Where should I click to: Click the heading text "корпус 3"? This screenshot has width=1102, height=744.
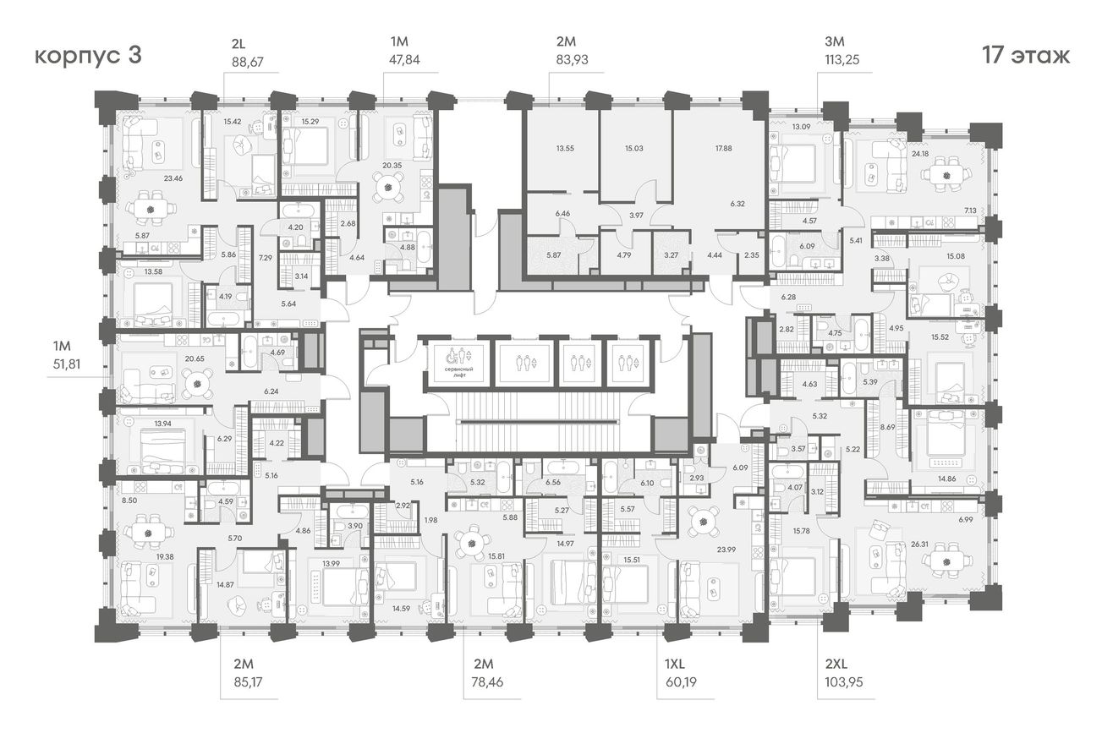coord(88,55)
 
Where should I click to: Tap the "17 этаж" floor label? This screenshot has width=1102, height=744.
coord(1026,55)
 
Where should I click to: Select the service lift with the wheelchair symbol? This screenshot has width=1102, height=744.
coord(458,364)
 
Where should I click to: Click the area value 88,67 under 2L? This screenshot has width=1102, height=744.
coord(248,62)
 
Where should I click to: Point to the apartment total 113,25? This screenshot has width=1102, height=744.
coord(842,59)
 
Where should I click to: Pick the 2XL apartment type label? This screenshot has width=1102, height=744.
coord(836,664)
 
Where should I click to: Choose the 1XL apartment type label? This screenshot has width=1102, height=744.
coord(674,664)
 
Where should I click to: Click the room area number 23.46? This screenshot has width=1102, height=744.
coord(173,178)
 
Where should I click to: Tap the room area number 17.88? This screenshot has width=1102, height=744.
coord(724,148)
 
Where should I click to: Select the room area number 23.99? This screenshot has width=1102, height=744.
coord(726,550)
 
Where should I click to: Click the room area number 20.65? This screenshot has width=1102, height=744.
coord(195,358)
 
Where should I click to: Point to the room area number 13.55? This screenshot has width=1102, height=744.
coord(565,148)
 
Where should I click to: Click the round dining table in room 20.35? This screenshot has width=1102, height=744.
coord(389,187)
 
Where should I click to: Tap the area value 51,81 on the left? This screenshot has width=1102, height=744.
coord(67,364)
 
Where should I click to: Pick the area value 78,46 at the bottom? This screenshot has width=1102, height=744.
coord(488,682)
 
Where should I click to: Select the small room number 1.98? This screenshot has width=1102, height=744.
coord(431,520)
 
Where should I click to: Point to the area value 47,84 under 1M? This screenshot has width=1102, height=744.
coord(404,60)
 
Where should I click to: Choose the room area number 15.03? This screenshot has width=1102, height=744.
coord(634,148)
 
